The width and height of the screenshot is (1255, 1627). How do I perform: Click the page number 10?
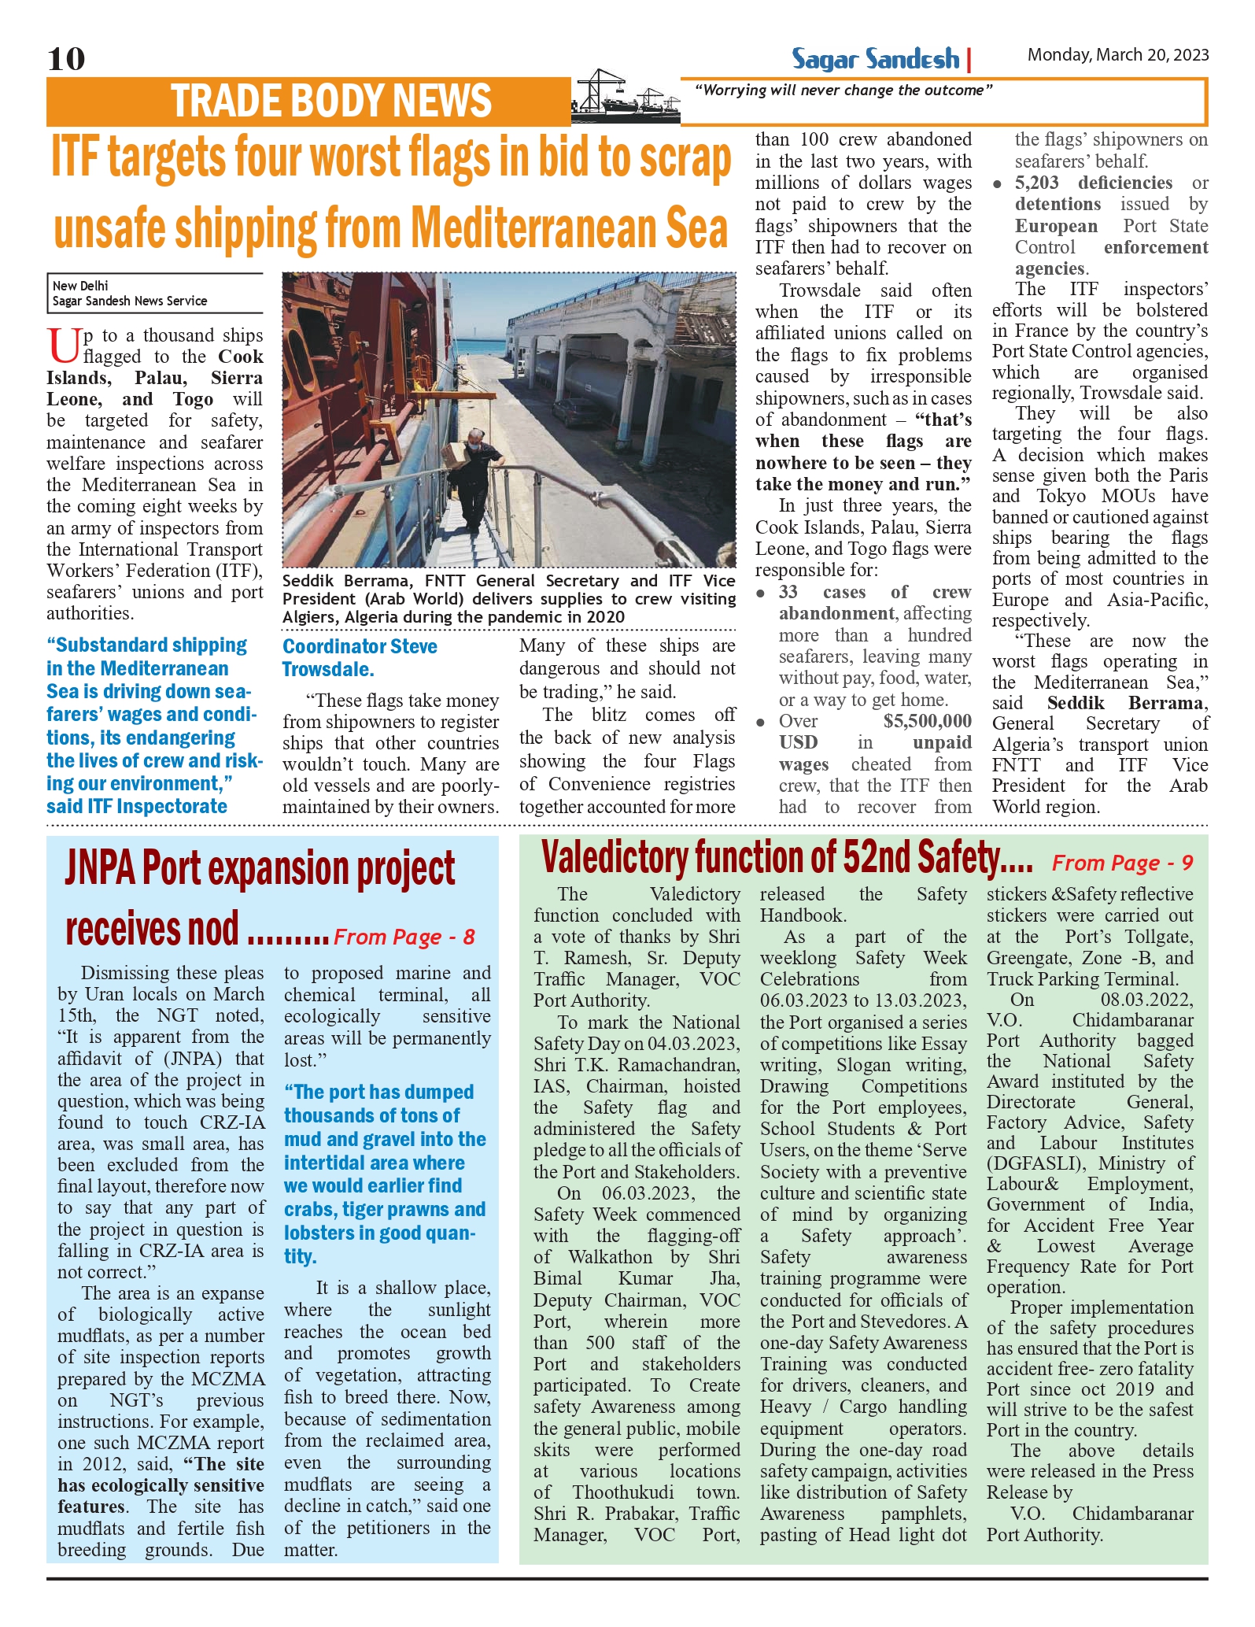click(66, 59)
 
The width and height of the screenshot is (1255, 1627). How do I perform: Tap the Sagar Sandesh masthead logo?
click(875, 59)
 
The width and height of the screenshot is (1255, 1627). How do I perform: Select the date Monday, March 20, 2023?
click(1117, 55)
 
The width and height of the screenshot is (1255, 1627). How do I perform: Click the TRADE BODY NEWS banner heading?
click(330, 102)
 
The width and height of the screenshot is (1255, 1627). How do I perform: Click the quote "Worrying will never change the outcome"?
click(843, 91)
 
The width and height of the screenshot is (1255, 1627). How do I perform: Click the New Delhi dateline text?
click(80, 286)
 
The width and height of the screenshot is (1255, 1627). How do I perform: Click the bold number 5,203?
click(1036, 183)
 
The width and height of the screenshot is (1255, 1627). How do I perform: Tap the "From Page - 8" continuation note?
click(404, 937)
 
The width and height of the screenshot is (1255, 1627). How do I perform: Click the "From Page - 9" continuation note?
click(1122, 863)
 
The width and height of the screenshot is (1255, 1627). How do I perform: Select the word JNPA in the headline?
click(100, 869)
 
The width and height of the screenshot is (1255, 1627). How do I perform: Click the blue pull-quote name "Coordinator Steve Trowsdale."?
click(360, 658)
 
